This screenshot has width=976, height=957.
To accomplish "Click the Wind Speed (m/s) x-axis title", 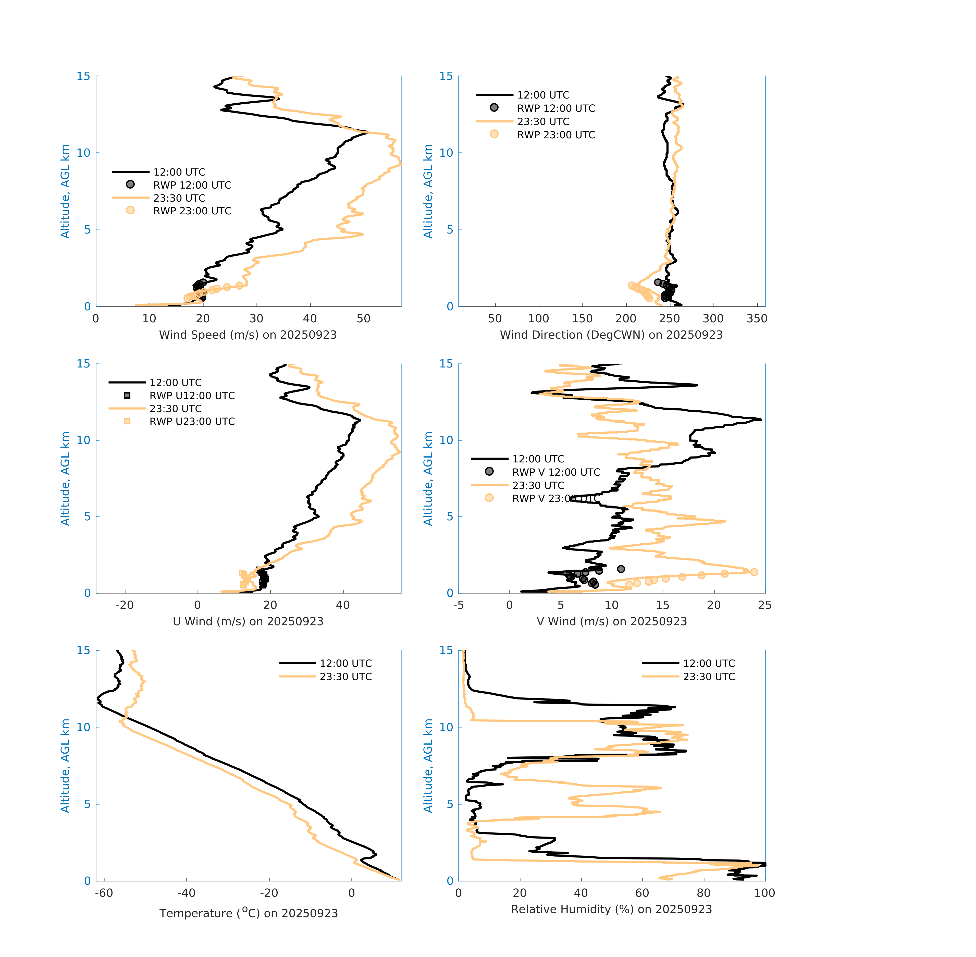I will (x=248, y=335).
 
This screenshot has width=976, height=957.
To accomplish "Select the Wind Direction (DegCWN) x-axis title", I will (x=611, y=335).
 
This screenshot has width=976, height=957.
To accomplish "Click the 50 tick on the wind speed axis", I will (x=363, y=319).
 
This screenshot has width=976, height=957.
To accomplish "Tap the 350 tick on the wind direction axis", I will (x=757, y=319).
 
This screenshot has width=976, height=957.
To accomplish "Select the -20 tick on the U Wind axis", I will (x=125, y=605).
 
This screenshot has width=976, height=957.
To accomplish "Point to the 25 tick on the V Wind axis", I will (x=764, y=605).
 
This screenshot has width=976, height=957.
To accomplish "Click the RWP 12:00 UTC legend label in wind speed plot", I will (x=192, y=185).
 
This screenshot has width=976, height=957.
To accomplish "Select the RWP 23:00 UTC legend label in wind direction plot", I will (x=556, y=135).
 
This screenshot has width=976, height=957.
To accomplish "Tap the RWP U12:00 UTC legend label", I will (x=192, y=396).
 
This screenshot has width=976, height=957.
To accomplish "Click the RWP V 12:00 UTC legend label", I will (x=556, y=472).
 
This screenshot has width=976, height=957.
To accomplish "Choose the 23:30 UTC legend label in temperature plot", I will (x=346, y=677).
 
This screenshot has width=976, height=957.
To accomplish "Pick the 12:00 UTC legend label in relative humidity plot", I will (x=709, y=664).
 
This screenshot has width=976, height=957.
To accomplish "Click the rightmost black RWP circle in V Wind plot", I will (x=621, y=569).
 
